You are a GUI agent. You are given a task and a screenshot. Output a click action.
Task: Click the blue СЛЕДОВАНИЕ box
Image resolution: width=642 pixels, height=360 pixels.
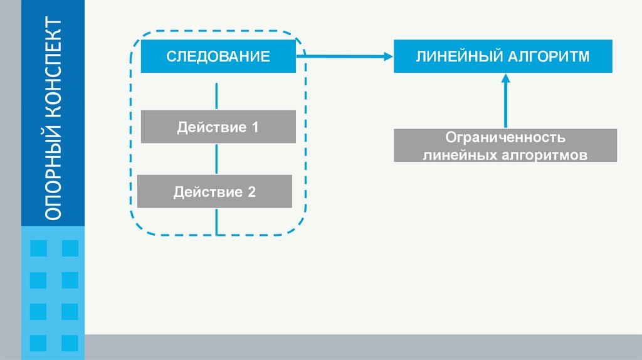coord(218,56)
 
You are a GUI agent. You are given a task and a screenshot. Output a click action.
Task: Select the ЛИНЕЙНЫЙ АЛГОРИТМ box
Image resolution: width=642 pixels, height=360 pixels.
coord(503,56)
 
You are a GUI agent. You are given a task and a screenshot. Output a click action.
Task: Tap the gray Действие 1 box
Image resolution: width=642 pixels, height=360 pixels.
coord(218,127)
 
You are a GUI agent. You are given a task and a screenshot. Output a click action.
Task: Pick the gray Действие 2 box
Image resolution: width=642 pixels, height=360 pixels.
coord(215,192)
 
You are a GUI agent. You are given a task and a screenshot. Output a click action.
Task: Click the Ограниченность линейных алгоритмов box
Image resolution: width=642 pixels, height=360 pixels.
coord(505,146)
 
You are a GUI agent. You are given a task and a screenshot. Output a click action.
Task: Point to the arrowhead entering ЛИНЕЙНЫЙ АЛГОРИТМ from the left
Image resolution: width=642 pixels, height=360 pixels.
coord(386,56)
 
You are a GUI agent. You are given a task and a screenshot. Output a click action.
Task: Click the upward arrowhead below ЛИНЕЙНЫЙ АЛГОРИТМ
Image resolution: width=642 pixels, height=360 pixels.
coord(506,78)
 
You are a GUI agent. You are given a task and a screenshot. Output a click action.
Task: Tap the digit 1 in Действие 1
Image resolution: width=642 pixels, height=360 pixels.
coord(255,127)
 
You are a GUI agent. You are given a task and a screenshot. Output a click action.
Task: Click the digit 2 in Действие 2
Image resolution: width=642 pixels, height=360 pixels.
coord(252,192)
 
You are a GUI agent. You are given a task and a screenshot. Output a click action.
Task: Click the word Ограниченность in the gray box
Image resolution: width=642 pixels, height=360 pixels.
coord(505,137)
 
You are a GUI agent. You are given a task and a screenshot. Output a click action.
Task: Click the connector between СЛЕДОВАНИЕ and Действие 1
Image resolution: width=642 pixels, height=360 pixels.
coord(217,95)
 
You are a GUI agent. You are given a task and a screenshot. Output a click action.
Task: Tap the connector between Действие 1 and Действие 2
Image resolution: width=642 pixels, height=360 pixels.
coord(217,159)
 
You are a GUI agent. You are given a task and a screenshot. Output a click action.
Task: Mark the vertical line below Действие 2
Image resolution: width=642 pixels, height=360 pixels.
coord(217,221)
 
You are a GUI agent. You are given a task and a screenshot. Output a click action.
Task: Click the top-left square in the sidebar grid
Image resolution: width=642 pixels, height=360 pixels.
coord(38,248)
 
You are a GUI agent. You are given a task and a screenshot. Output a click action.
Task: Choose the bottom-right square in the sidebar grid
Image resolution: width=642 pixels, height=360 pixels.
coord(70,343)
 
